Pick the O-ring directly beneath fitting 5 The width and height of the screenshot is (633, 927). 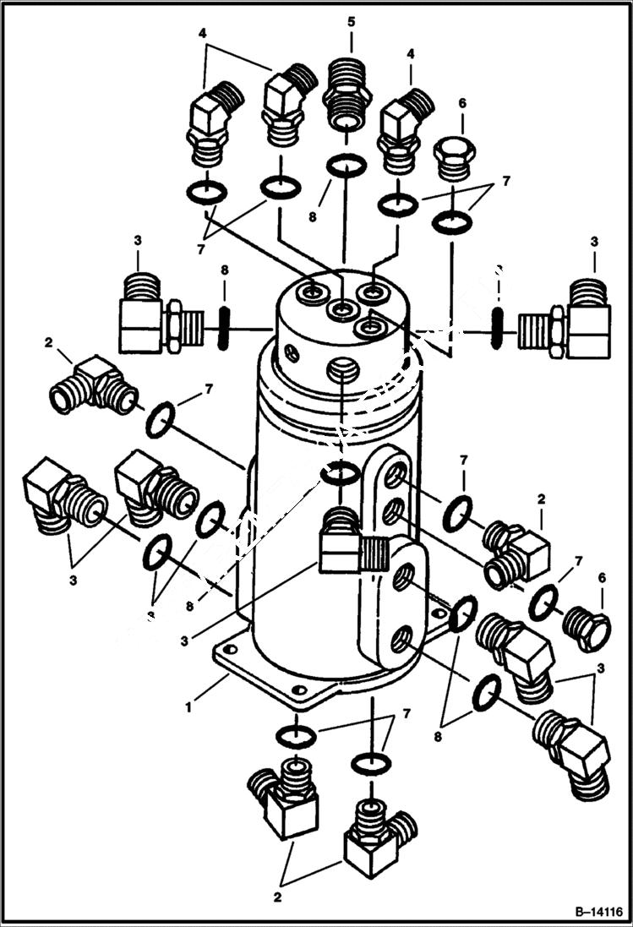coord(347,166)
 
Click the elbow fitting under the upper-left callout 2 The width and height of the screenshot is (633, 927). coord(93,384)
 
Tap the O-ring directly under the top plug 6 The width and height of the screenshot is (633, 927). coord(453,222)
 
